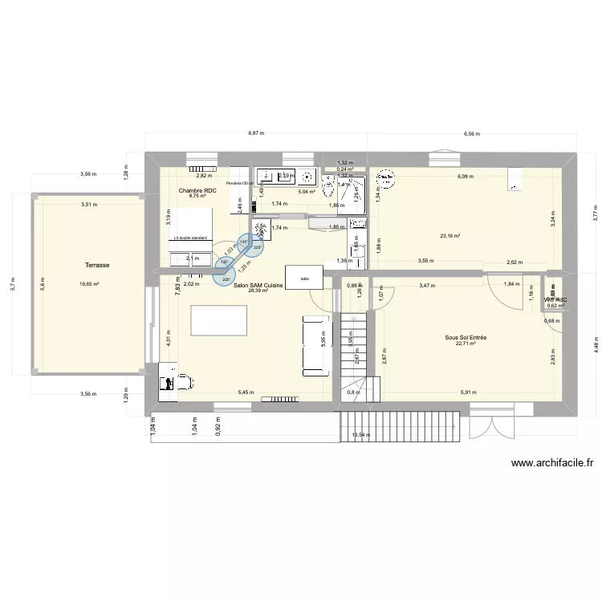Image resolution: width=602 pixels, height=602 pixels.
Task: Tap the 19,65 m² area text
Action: click(89, 283)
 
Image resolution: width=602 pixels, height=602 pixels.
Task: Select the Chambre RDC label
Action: click(197, 189)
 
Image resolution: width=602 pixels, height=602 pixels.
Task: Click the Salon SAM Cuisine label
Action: click(262, 285)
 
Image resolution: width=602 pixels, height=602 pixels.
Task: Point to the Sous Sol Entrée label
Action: click(466, 338)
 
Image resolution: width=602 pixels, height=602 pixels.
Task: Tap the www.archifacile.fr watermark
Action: click(551, 463)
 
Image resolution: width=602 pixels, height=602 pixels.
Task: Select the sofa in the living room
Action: click(315, 345)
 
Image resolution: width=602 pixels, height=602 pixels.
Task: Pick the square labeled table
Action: click(304, 278)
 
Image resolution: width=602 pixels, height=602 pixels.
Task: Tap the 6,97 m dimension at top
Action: click(256, 133)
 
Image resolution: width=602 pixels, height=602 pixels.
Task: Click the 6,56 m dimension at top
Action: click(472, 133)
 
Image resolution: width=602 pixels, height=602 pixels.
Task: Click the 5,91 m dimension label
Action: click(468, 393)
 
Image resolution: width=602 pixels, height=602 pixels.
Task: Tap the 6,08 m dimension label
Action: click(465, 177)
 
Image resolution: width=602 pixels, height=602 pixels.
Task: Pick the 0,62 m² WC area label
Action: click(555, 305)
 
